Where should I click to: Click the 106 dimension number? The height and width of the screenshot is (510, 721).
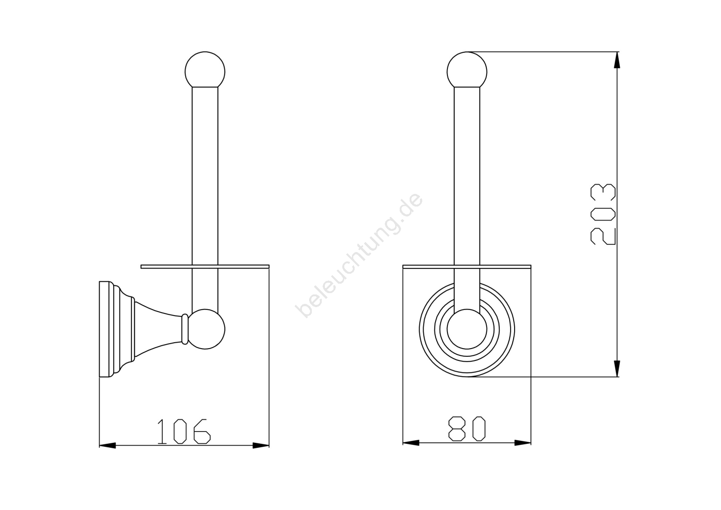[x=184, y=432]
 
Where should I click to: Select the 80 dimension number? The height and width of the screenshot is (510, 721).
[x=467, y=428]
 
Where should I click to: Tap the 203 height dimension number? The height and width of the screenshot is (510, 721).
[x=603, y=214]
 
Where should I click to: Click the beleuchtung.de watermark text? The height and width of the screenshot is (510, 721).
[x=359, y=255]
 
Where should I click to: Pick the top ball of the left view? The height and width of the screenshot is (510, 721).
[x=205, y=70]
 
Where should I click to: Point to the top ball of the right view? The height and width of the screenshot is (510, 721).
[x=467, y=70]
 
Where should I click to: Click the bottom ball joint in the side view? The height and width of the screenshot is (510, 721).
[x=206, y=329]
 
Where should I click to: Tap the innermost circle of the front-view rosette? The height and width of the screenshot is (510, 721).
[x=467, y=329]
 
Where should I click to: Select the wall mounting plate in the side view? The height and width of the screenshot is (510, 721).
[x=107, y=329]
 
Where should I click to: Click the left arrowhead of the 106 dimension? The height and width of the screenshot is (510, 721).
[x=107, y=446]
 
